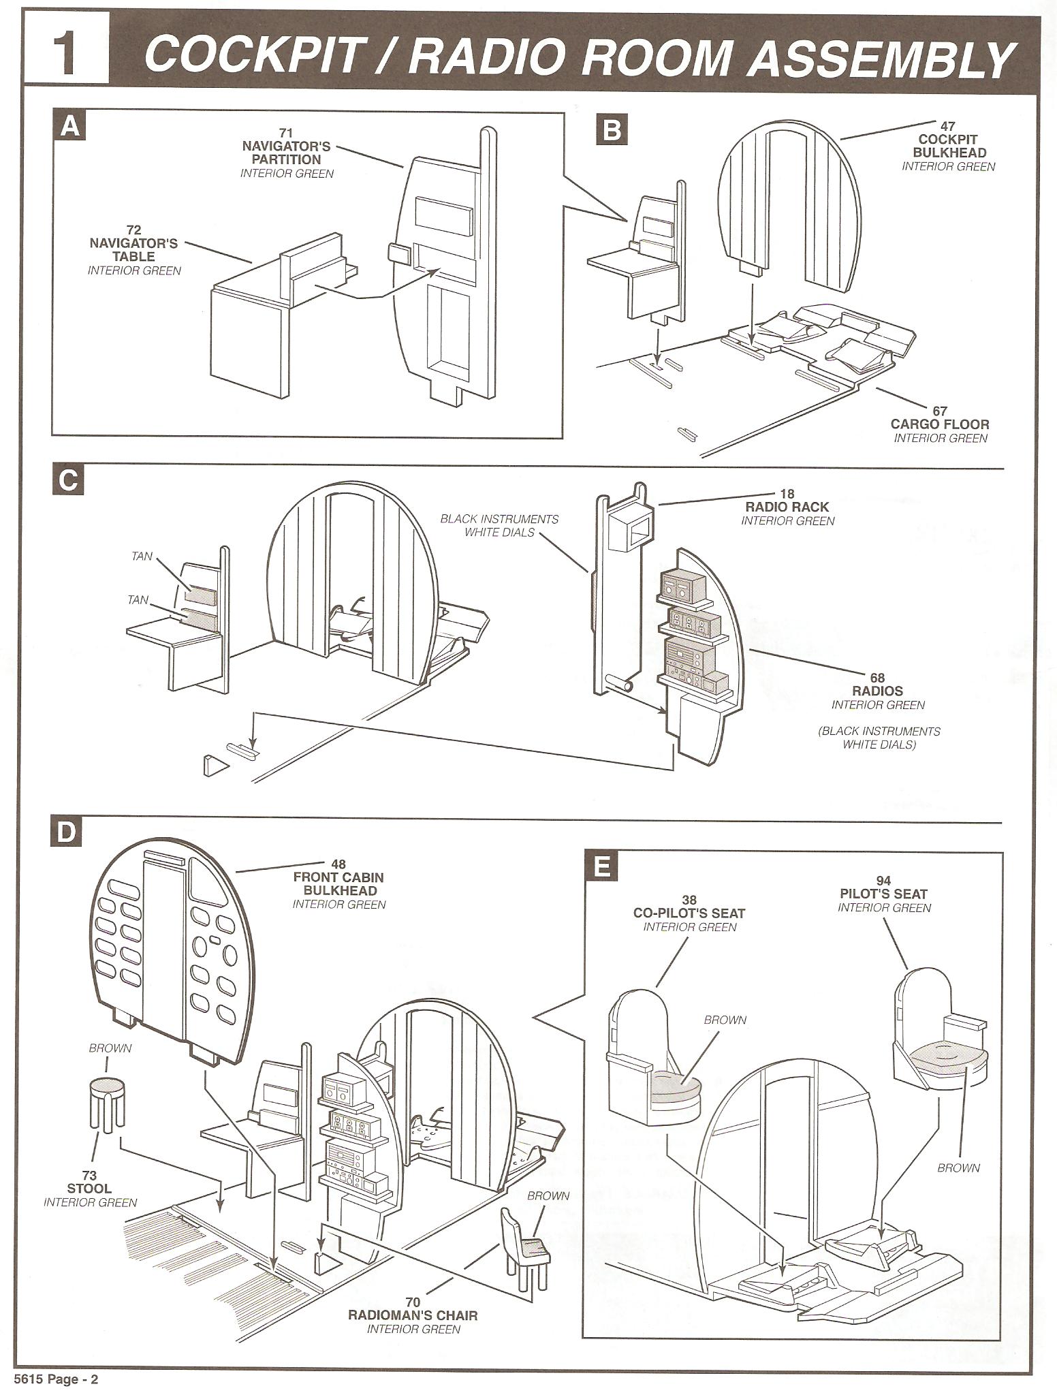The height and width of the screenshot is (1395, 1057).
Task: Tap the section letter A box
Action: pyautogui.click(x=69, y=127)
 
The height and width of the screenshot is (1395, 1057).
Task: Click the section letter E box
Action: pyautogui.click(x=601, y=868)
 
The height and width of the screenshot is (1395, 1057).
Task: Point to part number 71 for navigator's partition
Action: pyautogui.click(x=285, y=132)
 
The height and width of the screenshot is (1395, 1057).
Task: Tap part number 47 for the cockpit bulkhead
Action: pyautogui.click(x=947, y=126)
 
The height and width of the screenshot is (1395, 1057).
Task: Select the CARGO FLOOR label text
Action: pyautogui.click(x=940, y=424)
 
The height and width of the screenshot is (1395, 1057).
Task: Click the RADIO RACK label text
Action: pyautogui.click(x=787, y=507)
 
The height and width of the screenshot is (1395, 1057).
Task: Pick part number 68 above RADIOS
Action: pyautogui.click(x=877, y=678)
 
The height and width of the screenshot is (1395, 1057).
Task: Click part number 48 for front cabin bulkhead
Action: pyautogui.click(x=339, y=864)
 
